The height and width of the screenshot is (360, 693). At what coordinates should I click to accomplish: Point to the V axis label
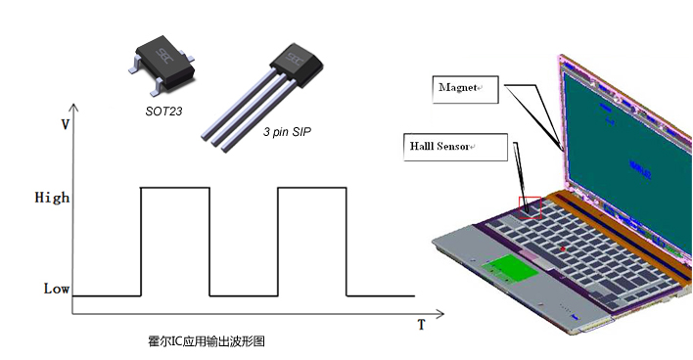[x=65, y=124]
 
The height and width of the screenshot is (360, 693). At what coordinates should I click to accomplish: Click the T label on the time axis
[x=421, y=324]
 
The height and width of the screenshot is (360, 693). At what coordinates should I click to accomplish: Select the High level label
[x=52, y=198]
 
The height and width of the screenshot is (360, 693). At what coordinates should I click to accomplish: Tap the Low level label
[x=56, y=289]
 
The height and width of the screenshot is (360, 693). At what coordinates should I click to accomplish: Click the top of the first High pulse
[x=175, y=186]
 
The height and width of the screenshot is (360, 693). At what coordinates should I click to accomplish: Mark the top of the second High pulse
[x=312, y=186]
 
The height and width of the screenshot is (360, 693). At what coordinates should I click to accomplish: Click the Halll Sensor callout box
[x=455, y=147]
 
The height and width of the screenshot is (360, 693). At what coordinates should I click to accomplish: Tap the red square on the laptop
[x=530, y=206]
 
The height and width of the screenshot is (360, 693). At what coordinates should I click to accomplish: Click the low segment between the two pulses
[x=244, y=295]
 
